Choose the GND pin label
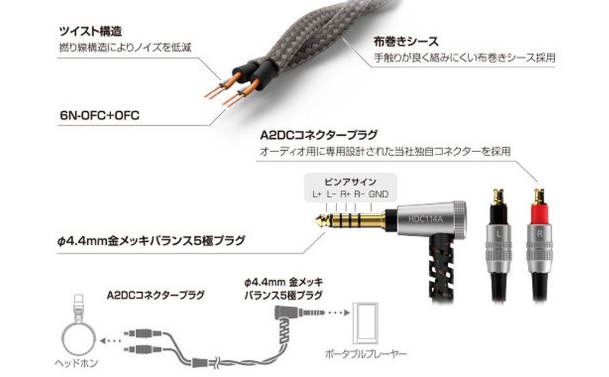click(380, 194)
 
